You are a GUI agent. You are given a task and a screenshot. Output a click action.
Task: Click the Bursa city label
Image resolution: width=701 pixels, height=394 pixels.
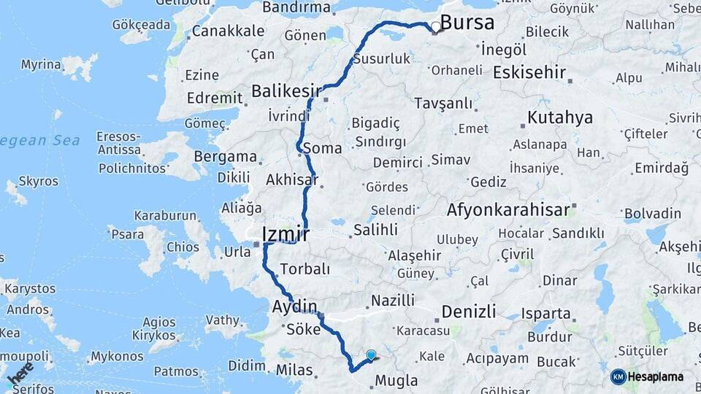[x=467, y=23]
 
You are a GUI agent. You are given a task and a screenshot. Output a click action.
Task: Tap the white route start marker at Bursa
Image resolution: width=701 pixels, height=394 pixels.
[x=436, y=27]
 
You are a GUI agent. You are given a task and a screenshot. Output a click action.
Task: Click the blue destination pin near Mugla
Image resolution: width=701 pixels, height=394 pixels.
[x=371, y=355]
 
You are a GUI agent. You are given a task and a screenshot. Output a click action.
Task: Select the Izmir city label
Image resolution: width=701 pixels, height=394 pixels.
[x=285, y=234]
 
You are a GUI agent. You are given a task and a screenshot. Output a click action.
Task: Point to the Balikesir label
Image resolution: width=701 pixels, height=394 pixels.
[x=286, y=91]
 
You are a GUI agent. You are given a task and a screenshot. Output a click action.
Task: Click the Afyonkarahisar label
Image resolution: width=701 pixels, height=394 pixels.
[x=507, y=210]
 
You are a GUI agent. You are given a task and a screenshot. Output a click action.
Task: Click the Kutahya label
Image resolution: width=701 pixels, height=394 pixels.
[x=559, y=117]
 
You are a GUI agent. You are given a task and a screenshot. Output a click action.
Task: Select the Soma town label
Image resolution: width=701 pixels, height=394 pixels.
[x=321, y=148]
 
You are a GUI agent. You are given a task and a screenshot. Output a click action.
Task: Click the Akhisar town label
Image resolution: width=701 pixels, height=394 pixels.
[x=292, y=179]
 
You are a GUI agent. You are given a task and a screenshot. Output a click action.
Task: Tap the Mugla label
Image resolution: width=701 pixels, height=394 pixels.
[x=396, y=380]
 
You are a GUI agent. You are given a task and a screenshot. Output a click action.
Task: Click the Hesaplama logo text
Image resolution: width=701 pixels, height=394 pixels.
[x=656, y=376]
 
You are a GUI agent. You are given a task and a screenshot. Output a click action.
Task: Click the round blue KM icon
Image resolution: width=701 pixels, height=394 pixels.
[x=618, y=376]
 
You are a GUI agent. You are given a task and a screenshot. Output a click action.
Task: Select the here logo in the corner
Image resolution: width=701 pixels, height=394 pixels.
[x=20, y=373]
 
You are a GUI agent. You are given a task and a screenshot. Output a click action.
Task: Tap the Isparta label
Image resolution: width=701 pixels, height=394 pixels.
[x=545, y=314]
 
